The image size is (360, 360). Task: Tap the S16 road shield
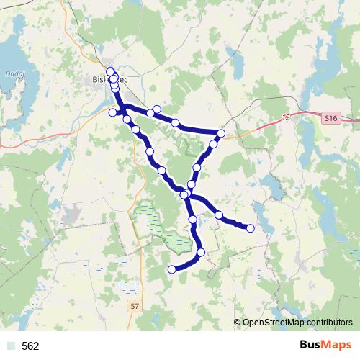click(x=330, y=117)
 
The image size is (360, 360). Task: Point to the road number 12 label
click(x=287, y=117)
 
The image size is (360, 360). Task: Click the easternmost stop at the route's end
click(x=251, y=228)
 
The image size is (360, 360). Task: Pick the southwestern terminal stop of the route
click(x=171, y=269)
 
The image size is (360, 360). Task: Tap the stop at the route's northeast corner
click(x=221, y=134)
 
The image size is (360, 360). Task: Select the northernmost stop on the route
click(x=110, y=71)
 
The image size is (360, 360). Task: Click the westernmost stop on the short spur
click(x=112, y=113)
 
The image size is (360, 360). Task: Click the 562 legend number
click(x=30, y=346)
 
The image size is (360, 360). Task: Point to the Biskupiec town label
click(x=109, y=81)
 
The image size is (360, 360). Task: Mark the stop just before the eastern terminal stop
click(x=218, y=215)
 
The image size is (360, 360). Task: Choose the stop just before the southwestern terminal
click(x=201, y=252)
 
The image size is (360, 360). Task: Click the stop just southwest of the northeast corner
click(x=213, y=144)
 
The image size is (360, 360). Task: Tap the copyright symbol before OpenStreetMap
click(x=237, y=323)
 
